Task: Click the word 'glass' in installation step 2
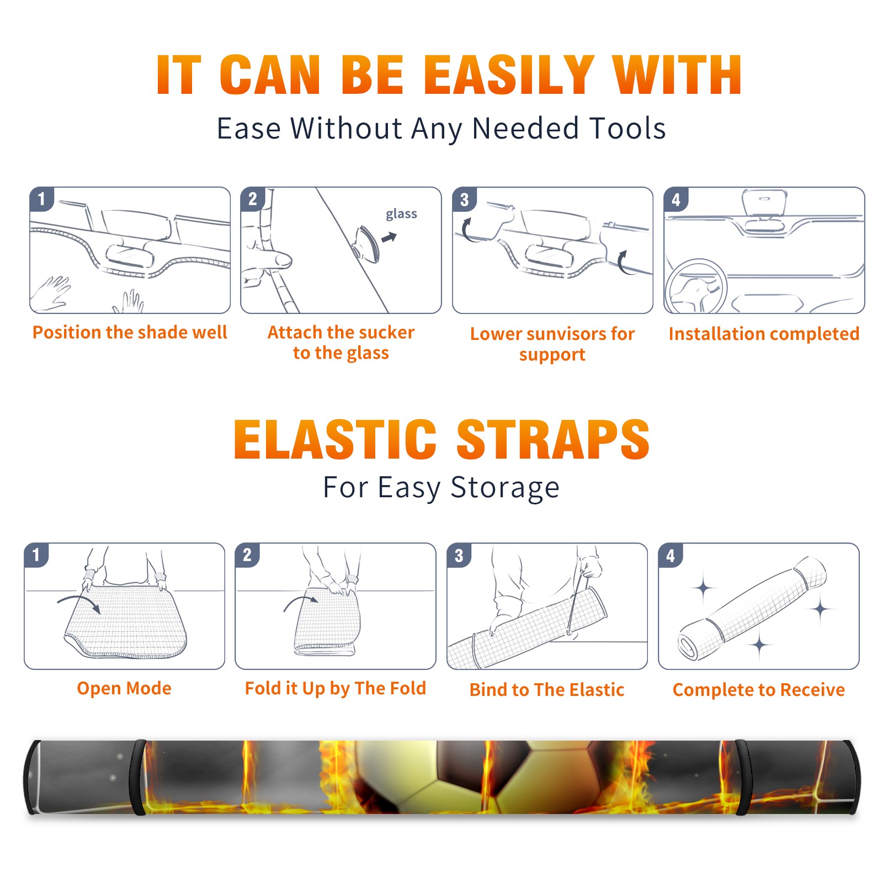[401, 214]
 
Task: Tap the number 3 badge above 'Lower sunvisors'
[465, 200]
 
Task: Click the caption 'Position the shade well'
[130, 332]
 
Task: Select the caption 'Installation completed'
[764, 333]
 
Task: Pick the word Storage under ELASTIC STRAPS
[504, 488]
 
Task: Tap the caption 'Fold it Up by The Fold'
[336, 688]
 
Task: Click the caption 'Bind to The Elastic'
[547, 689]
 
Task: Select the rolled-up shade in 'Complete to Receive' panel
[753, 608]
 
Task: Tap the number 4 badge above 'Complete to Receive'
[671, 555]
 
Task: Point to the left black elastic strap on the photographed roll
[138, 777]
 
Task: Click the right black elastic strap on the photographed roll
[741, 777]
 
